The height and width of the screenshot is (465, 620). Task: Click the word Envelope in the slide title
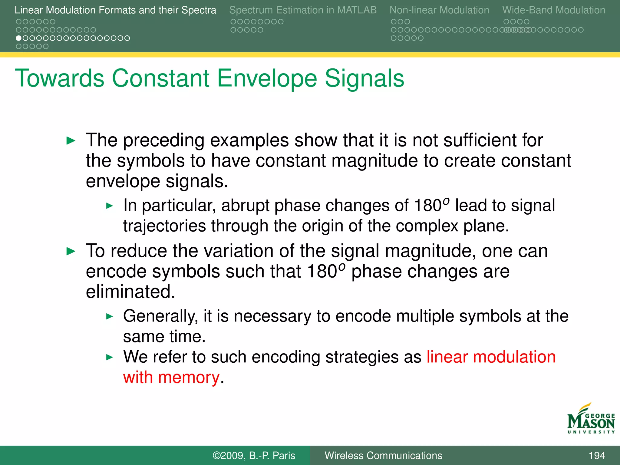tap(267, 79)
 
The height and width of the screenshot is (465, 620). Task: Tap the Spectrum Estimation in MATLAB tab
tap(303, 10)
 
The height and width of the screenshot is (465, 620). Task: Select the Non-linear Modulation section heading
tap(439, 10)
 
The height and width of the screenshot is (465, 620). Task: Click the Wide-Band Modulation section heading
tap(553, 10)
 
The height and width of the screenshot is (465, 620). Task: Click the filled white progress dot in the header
tap(19, 38)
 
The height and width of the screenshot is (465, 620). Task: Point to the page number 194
tap(597, 456)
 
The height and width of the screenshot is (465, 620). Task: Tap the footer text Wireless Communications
tap(383, 456)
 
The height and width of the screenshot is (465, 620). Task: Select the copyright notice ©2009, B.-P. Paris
tap(254, 456)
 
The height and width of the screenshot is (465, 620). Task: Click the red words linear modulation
tap(491, 357)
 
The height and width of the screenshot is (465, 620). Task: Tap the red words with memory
tap(171, 378)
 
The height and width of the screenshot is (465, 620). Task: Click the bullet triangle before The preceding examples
tap(71, 141)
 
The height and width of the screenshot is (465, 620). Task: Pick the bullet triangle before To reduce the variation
tap(71, 251)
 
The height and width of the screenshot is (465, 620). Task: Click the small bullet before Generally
tap(110, 317)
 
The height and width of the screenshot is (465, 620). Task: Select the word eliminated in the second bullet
tap(130, 292)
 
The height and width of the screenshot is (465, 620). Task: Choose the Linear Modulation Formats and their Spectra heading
tap(115, 10)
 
